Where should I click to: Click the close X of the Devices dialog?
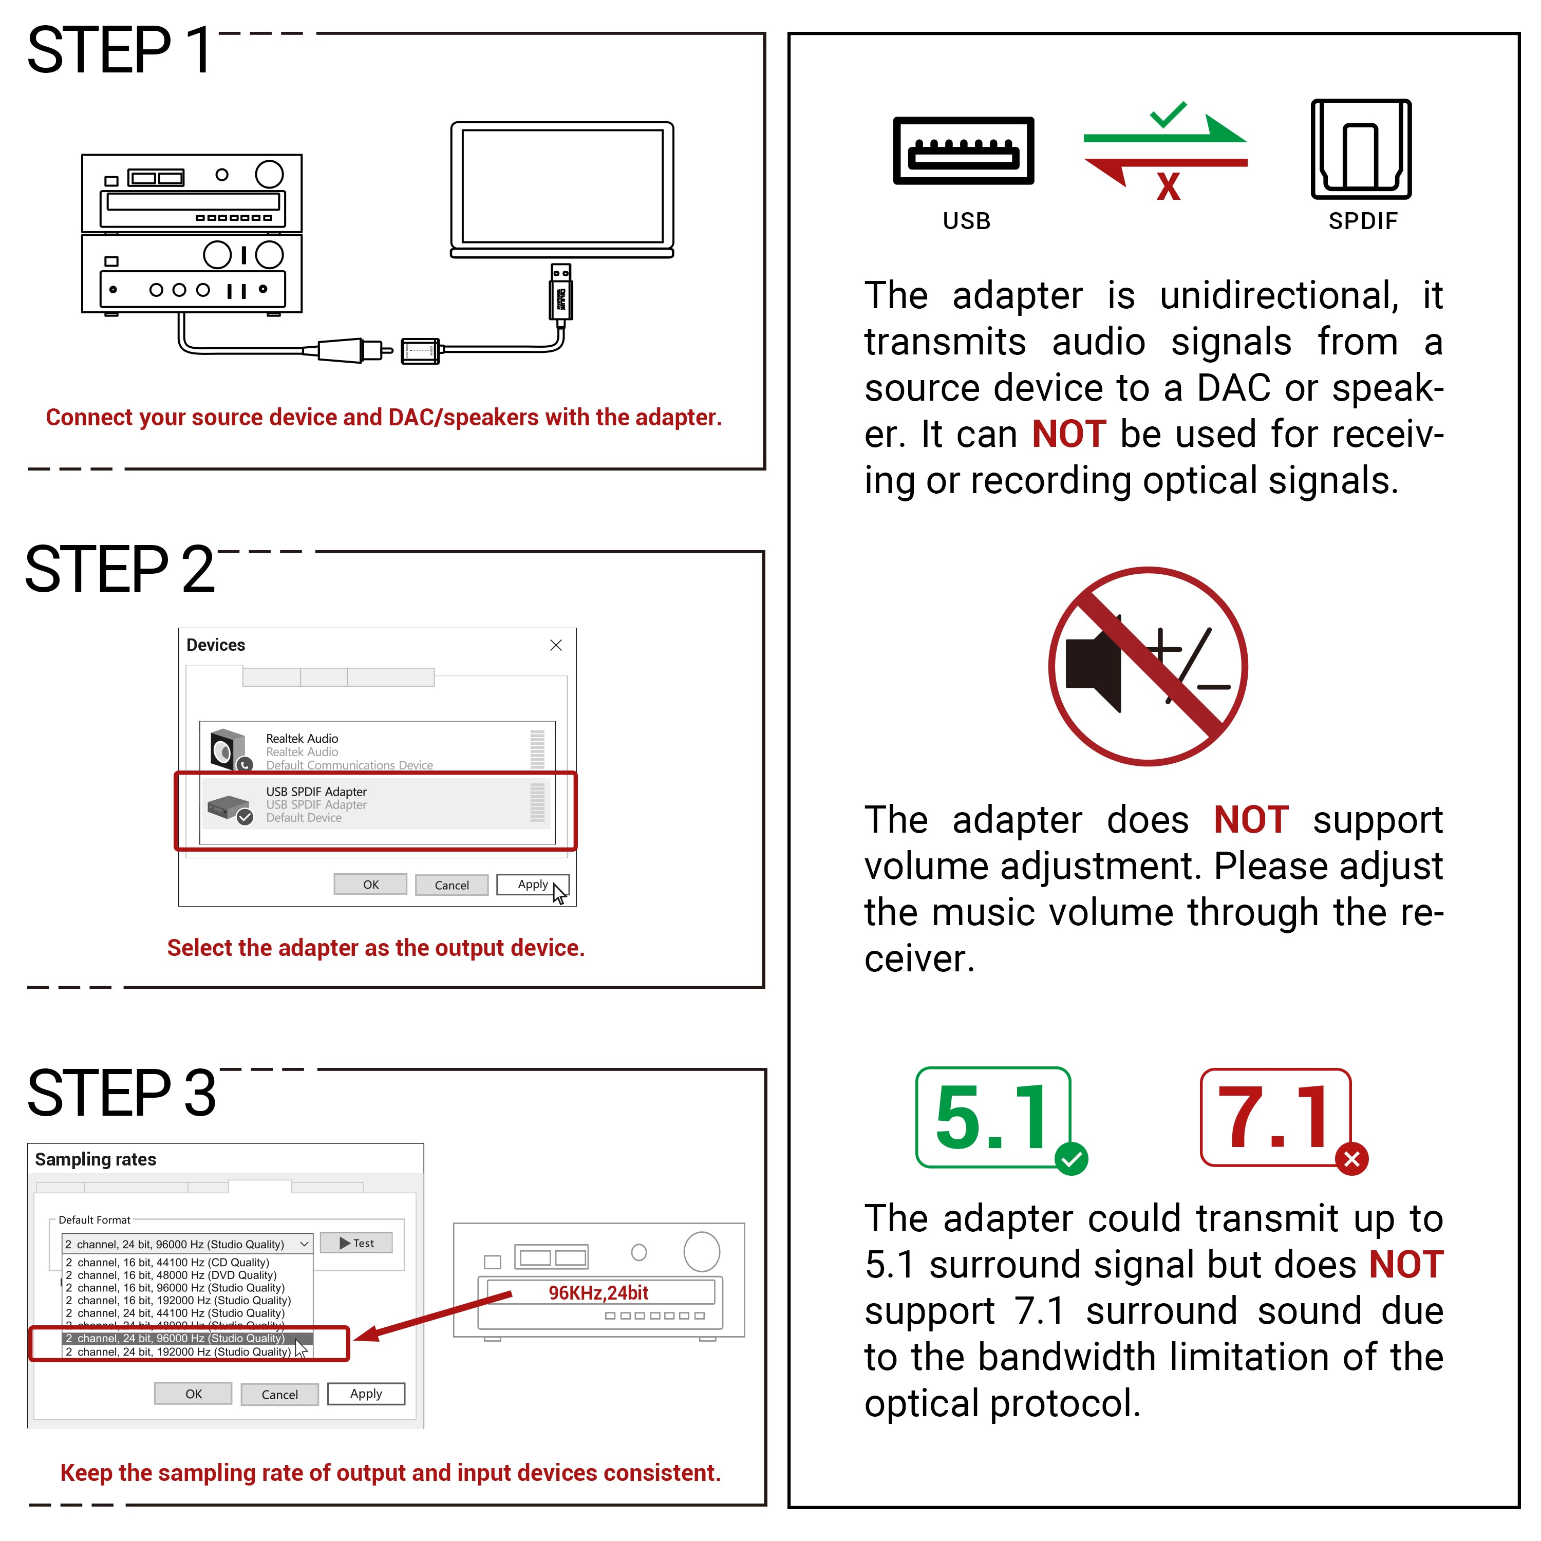tap(556, 645)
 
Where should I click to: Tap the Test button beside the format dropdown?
tap(356, 1243)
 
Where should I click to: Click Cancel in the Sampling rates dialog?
tap(279, 1394)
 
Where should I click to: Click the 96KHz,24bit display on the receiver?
tap(598, 1293)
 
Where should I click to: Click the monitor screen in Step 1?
tap(562, 186)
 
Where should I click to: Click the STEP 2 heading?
tap(120, 570)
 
